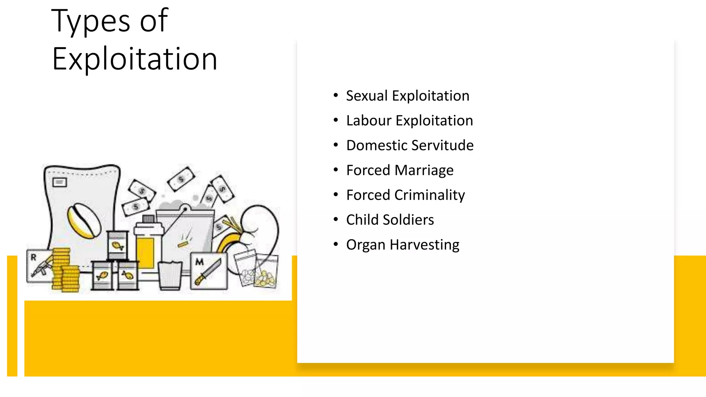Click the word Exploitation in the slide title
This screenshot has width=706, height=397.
tap(134, 59)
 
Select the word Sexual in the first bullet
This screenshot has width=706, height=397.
tap(367, 96)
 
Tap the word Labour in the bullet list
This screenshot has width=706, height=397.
tap(369, 121)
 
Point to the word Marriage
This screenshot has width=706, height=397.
tap(424, 170)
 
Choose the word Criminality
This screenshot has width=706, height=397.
tap(429, 195)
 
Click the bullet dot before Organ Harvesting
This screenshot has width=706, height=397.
tap(336, 244)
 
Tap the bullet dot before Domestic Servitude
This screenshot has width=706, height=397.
tap(336, 145)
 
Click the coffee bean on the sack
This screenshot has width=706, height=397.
tap(84, 221)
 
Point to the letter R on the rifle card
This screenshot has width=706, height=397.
tap(33, 257)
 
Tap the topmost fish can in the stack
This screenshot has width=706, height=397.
tap(117, 245)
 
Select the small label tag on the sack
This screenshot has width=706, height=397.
tap(59, 182)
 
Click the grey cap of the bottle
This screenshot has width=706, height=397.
tap(148, 218)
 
